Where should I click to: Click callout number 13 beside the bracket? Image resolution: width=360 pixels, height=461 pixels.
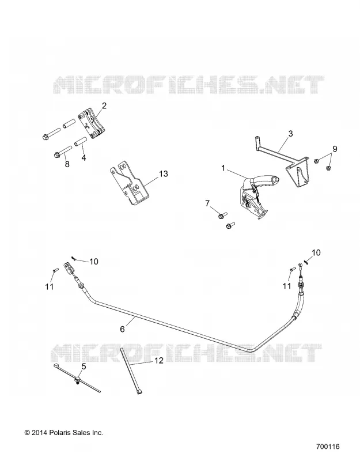[x=164, y=174]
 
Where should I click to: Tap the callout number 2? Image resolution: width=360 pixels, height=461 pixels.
[x=104, y=106]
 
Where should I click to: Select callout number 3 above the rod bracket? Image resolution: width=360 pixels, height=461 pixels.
[x=291, y=134]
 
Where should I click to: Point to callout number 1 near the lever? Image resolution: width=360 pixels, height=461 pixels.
[x=223, y=168]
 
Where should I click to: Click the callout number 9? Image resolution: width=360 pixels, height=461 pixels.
[x=335, y=149]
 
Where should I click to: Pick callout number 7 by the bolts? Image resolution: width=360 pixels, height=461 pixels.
[x=208, y=203]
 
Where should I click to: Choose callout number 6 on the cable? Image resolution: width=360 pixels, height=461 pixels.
[x=122, y=329]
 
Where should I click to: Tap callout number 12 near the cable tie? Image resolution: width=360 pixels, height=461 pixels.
[x=159, y=361]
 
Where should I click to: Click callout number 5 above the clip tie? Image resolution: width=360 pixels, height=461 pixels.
[x=84, y=366]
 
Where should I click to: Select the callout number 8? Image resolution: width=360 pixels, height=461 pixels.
[x=67, y=164]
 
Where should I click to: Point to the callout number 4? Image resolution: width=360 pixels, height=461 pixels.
[x=84, y=157]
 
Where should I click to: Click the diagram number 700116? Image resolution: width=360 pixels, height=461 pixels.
[x=328, y=447]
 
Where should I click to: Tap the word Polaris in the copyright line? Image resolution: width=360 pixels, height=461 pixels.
[x=59, y=433]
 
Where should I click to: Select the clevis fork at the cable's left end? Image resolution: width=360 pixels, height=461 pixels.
[x=69, y=268]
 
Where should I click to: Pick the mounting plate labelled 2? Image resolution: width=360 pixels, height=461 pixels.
[x=92, y=123]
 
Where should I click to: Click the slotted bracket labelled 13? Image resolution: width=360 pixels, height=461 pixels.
[x=130, y=183]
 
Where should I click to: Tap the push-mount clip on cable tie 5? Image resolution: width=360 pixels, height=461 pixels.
[x=77, y=380]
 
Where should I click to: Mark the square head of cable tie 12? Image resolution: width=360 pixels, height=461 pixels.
[x=141, y=391]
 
